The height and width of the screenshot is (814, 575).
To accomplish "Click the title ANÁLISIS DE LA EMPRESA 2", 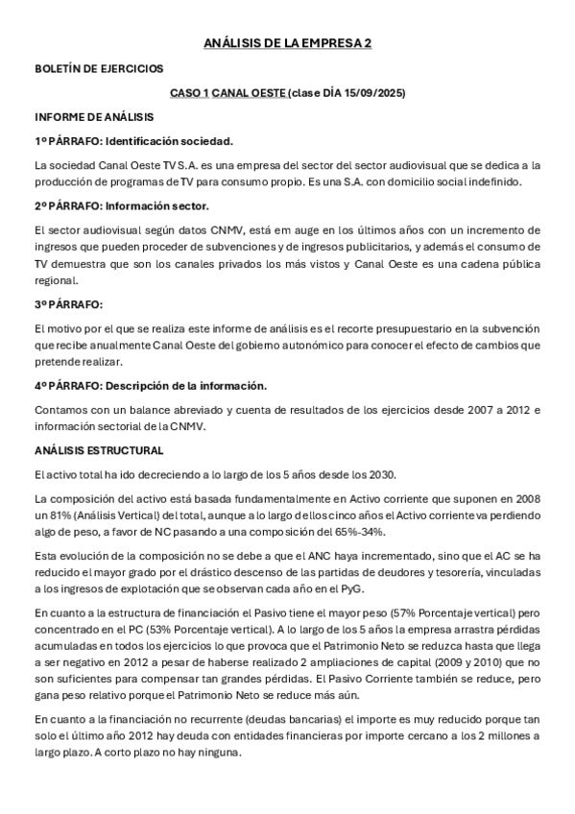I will tap(287, 43).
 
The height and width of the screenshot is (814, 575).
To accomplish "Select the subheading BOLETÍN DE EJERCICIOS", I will tap(99, 69).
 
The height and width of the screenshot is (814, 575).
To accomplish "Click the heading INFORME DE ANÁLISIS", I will tap(93, 118).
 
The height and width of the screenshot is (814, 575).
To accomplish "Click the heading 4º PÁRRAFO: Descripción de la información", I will tap(151, 386).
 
